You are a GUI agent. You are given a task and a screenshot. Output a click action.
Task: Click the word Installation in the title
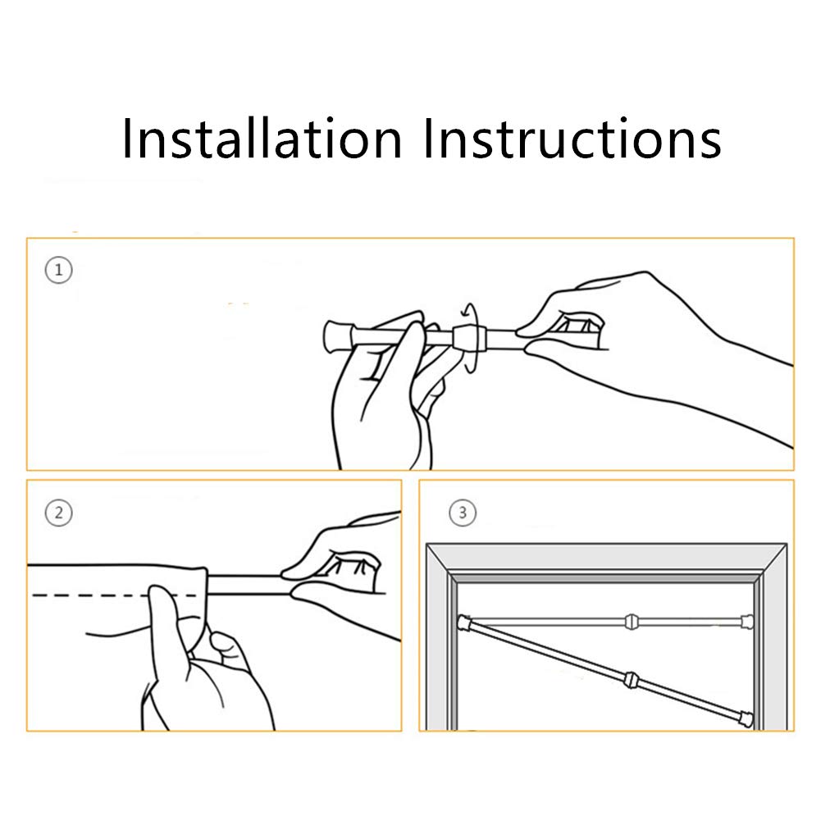(x=262, y=138)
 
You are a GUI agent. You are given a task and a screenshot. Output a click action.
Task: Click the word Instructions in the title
(x=572, y=138)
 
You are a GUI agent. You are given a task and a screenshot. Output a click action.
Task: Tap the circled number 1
(x=59, y=270)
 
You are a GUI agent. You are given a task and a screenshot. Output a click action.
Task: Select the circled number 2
(x=59, y=513)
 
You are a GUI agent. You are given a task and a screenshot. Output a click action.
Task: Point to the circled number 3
(x=463, y=513)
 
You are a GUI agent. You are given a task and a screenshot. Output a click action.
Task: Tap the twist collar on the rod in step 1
(x=470, y=339)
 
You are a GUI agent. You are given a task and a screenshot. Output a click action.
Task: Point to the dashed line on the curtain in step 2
(x=114, y=595)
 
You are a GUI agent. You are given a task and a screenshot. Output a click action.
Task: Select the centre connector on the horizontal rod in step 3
(x=632, y=622)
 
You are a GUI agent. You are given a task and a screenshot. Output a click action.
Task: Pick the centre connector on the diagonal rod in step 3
(x=631, y=681)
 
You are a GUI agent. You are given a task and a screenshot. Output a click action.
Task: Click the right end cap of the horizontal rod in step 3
(x=747, y=622)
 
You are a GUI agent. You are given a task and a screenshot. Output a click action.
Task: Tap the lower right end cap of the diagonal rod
(x=746, y=719)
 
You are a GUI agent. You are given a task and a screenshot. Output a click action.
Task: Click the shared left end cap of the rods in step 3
(x=464, y=623)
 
